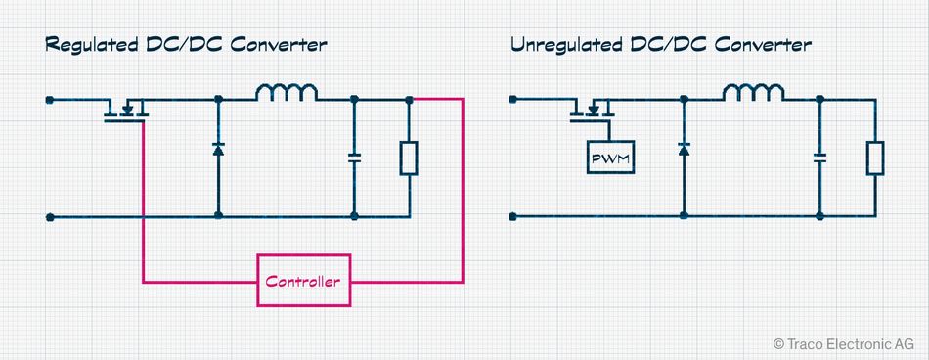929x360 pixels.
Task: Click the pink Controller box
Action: (302, 282)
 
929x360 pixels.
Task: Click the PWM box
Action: (609, 157)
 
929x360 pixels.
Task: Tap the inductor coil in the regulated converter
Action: (287, 94)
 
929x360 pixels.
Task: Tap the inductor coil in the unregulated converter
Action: (752, 94)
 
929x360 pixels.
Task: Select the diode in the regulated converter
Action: (218, 150)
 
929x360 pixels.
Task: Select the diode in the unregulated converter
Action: (684, 150)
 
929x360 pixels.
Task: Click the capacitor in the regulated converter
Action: (354, 157)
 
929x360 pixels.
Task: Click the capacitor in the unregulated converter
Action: (819, 157)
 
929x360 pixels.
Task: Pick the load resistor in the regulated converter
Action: (408, 157)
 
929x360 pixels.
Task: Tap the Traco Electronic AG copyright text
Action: (843, 343)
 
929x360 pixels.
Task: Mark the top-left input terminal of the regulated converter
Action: (49, 99)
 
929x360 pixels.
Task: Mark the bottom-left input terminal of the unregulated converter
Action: (514, 215)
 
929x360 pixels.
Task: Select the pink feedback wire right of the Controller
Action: (462, 196)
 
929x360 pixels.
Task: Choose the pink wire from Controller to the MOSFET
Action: (144, 215)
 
